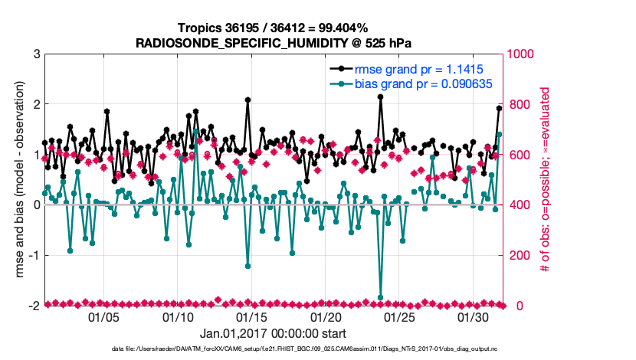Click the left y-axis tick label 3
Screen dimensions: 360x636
coord(37,54)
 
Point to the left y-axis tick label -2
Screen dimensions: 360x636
coord(34,306)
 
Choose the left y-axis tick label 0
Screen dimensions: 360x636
coord(37,205)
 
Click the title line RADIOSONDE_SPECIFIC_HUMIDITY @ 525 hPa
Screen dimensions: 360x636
coord(274,43)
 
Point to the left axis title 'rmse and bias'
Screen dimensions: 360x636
coord(20,180)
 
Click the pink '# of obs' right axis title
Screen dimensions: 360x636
coord(546,180)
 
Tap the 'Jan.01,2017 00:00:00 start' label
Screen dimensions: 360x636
coord(273,333)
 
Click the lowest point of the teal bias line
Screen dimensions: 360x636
coord(380,297)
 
